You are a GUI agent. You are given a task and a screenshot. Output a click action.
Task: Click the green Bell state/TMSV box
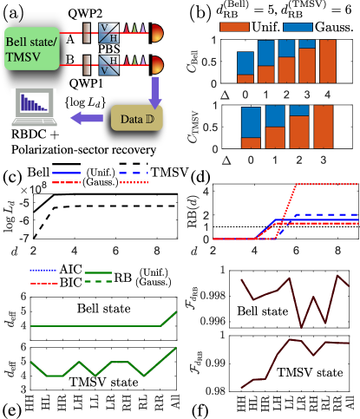30,47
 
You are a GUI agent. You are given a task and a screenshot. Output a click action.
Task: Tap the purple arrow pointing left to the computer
88,116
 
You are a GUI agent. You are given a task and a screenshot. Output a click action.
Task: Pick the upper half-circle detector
157,34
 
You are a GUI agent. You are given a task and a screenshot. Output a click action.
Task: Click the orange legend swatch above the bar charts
235,27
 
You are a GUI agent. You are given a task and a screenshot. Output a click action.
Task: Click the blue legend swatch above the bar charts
298,27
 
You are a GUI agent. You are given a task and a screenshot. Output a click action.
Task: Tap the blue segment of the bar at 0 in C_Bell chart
246,64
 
